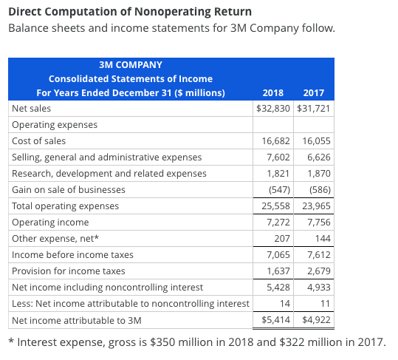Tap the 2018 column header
pos(273,93)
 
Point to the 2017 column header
pos(314,93)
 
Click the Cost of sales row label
pos(39,140)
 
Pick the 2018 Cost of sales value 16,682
pos(275,140)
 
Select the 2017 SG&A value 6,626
pos(317,157)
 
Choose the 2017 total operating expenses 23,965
pos(316,206)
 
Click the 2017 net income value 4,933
pos(317,287)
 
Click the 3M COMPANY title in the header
pos(130,65)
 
